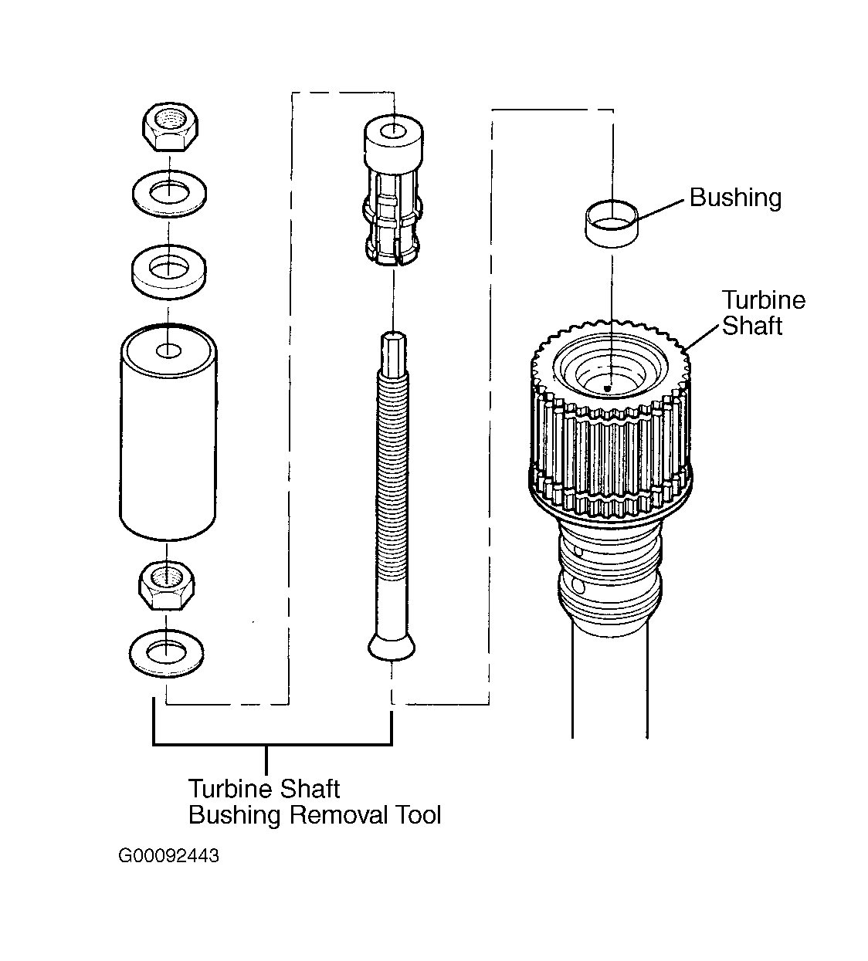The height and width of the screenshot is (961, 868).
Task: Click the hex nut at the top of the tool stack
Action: [x=170, y=127]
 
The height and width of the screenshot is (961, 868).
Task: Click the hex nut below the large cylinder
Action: [x=166, y=585]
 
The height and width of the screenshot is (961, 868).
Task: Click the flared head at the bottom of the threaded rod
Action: [x=392, y=648]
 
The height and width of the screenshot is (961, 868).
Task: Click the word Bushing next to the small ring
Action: [x=736, y=198]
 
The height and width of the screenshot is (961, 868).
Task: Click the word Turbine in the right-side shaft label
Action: [x=764, y=300]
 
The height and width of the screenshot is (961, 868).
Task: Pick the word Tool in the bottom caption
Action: [x=418, y=815]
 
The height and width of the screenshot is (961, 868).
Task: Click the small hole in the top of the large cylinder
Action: [x=168, y=351]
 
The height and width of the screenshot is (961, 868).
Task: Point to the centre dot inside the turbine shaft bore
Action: [x=607, y=388]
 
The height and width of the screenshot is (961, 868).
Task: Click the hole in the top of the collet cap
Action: [x=394, y=130]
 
